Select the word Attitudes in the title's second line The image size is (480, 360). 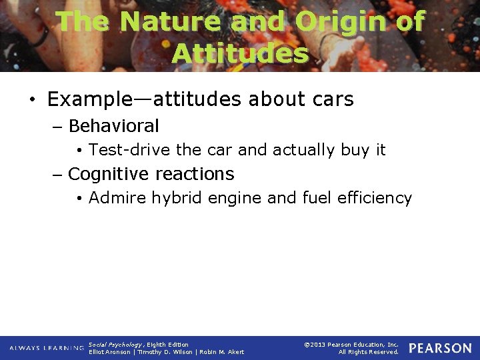[x=240, y=53]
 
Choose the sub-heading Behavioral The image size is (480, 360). [x=113, y=126]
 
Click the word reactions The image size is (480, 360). [x=194, y=174]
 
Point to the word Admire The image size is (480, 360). [x=117, y=198]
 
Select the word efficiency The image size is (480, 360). [x=377, y=198]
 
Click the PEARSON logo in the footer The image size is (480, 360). [x=440, y=348]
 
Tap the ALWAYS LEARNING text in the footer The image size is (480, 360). [x=47, y=348]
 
